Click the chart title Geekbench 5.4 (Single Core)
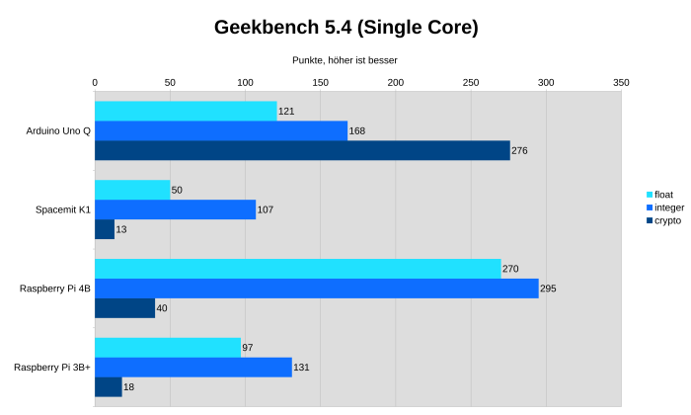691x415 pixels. [x=345, y=28]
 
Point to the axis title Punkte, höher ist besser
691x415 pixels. [x=345, y=60]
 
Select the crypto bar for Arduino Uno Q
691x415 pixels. [x=302, y=150]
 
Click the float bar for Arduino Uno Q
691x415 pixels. [x=186, y=111]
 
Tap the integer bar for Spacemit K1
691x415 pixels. [x=175, y=209]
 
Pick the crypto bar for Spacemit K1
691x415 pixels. [x=105, y=229]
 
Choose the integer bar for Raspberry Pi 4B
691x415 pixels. [x=316, y=289]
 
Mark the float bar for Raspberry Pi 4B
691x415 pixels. [x=297, y=269]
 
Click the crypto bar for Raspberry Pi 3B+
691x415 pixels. [x=109, y=387]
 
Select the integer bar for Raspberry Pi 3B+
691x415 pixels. [x=193, y=368]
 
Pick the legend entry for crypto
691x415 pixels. [x=669, y=220]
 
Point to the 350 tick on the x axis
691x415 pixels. [x=621, y=83]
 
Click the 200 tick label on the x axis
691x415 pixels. [x=396, y=83]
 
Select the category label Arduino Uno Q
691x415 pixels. [x=58, y=130]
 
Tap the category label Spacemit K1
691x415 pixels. [x=63, y=209]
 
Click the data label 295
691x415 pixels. [x=549, y=289]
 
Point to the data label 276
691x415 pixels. [x=520, y=150]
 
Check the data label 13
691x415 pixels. [x=121, y=229]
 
